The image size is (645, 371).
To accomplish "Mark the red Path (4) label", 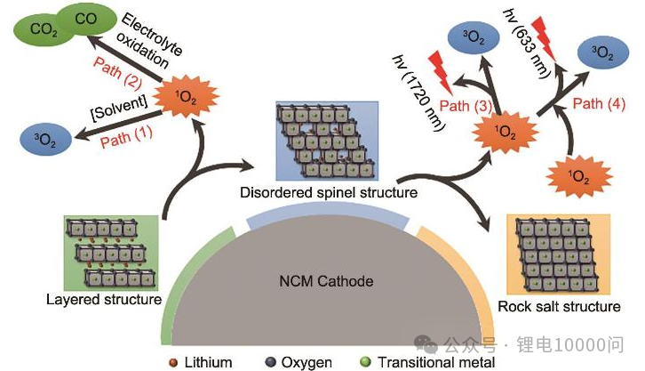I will (x=599, y=104).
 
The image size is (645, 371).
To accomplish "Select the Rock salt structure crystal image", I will (x=557, y=254).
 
